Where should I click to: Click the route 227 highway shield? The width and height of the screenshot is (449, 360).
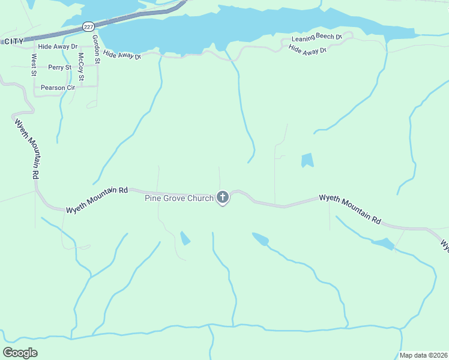[88, 27]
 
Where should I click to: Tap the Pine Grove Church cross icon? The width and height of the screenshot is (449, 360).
[223, 197]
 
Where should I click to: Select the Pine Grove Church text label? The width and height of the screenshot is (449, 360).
[179, 198]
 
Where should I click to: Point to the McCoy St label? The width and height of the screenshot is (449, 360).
[80, 67]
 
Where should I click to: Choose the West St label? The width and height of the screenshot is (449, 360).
[34, 65]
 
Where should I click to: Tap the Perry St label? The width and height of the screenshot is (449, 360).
[60, 68]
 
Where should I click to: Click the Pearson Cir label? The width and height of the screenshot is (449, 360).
[58, 88]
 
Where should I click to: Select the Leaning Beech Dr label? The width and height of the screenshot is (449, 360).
[316, 38]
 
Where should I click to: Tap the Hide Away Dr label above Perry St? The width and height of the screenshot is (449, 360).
[58, 46]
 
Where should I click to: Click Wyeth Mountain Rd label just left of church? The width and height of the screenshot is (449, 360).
[97, 199]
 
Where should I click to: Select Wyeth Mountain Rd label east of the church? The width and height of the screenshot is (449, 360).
[350, 208]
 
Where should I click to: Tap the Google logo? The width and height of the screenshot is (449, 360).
[20, 353]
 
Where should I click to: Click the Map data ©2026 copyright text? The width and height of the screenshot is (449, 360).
[424, 355]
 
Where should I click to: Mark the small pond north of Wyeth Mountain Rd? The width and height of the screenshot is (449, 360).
[307, 160]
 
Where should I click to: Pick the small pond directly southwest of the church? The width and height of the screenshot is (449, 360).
[185, 238]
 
